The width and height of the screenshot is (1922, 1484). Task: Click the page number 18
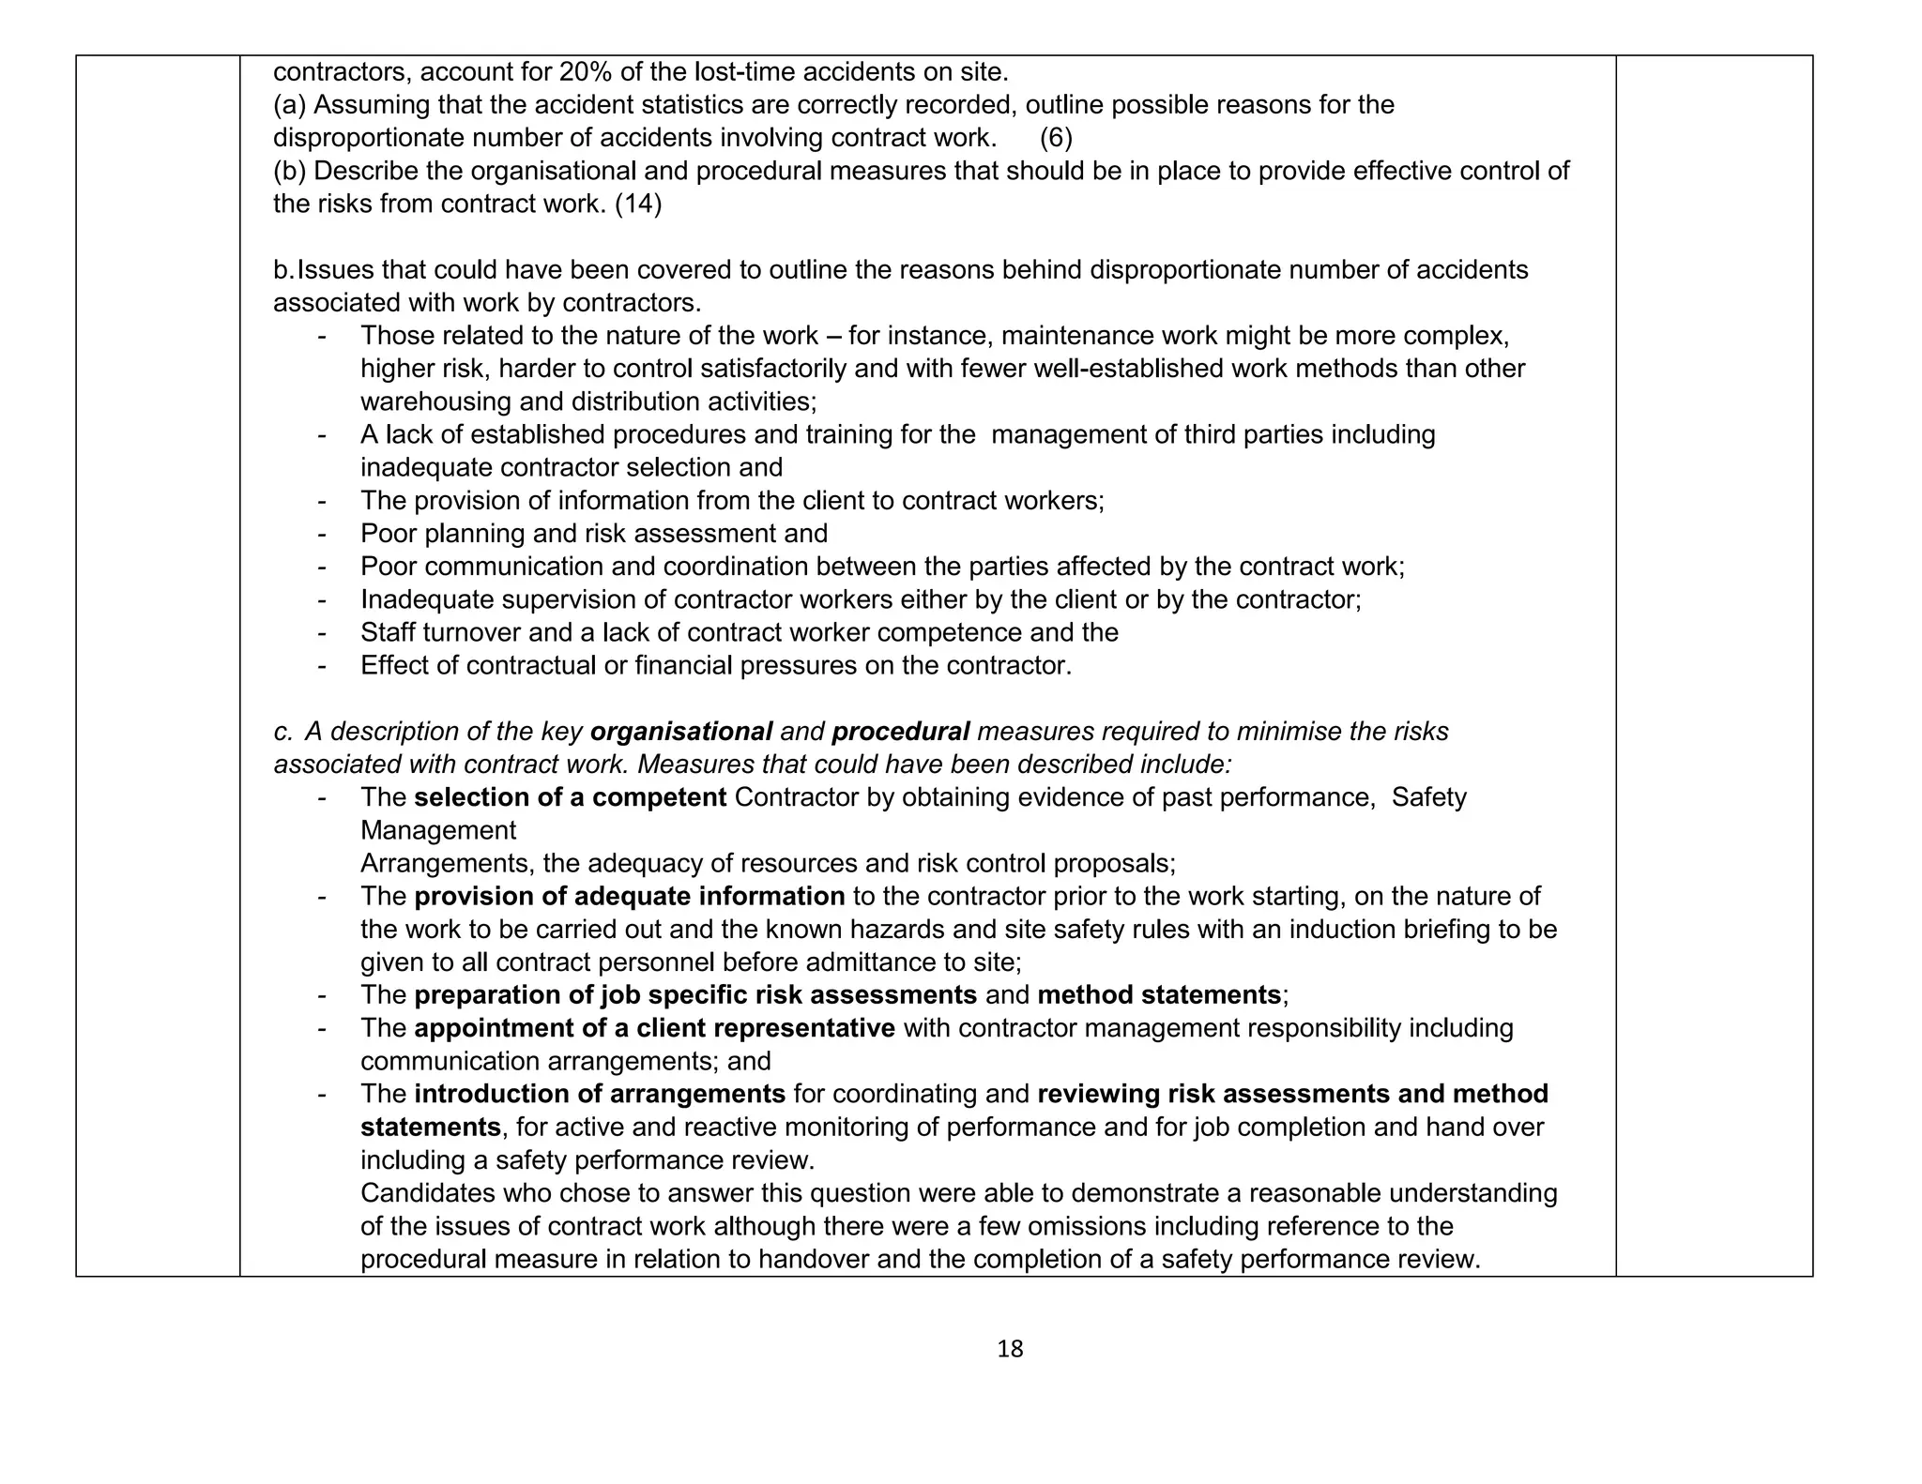[1010, 1349]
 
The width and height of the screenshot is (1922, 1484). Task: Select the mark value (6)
[1056, 138]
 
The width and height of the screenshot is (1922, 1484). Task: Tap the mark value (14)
[638, 204]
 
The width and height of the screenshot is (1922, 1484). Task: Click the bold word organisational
[681, 732]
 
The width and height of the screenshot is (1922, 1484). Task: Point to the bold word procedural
[900, 732]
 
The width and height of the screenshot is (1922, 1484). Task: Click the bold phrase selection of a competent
[570, 797]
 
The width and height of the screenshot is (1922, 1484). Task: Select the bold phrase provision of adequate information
[629, 896]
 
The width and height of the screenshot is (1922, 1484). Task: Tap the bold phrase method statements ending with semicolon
[1160, 995]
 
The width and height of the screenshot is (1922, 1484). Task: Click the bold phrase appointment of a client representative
[654, 1028]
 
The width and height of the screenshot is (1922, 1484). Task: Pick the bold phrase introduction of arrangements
[599, 1094]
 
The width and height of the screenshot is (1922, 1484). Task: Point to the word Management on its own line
[438, 830]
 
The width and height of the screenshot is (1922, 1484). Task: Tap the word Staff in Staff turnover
[387, 632]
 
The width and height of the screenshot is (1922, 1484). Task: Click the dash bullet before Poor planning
[322, 534]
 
